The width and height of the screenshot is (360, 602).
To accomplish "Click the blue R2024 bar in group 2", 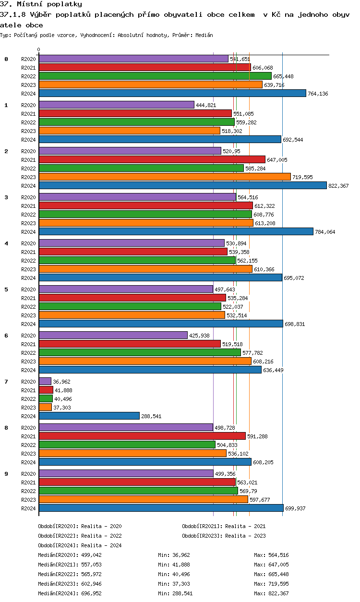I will (182, 186).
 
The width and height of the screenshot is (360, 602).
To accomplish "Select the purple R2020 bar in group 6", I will (113, 336).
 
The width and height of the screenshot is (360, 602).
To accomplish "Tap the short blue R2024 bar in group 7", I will (89, 416).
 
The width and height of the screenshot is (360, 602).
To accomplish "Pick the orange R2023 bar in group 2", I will (165, 177).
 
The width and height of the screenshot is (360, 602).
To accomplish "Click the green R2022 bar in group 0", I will (155, 76).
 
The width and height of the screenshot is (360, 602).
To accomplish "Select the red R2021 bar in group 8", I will (142, 436).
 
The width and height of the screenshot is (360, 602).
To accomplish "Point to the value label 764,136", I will (318, 94).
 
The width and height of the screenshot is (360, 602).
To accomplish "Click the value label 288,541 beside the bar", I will (151, 416).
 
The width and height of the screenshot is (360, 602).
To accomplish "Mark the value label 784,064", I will (325, 232).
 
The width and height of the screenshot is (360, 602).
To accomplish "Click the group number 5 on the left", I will (6, 289).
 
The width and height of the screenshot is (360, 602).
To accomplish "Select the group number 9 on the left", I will (6, 474).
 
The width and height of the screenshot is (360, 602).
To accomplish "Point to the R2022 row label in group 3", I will (29, 215).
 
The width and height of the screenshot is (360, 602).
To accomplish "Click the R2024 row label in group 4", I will (29, 278).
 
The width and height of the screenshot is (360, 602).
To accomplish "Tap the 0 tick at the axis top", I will (39, 49).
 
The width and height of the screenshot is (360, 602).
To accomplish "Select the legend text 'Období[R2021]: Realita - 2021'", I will (224, 526).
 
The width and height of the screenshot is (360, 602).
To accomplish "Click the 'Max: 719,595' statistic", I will (271, 584).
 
